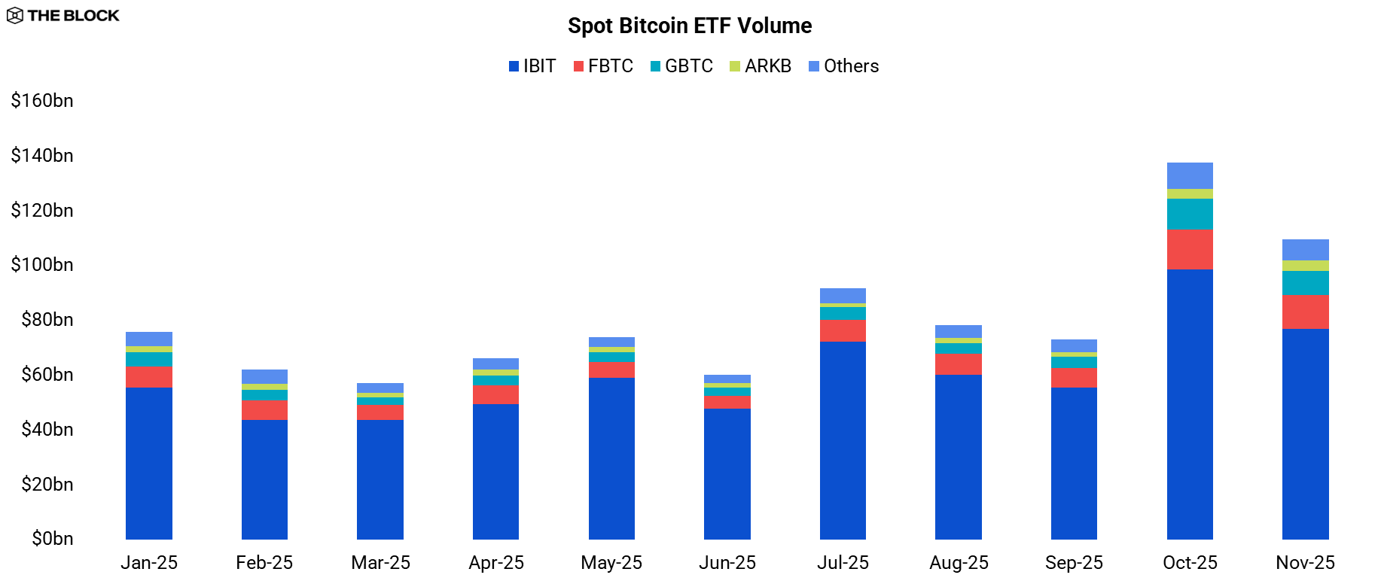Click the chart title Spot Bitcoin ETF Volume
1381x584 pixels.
coord(690,26)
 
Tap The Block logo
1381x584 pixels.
coord(63,15)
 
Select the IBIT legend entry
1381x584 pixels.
coord(532,66)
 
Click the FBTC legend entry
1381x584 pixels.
coord(603,66)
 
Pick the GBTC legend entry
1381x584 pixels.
coord(681,66)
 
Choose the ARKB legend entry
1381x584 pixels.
coord(761,66)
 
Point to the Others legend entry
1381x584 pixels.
coord(843,66)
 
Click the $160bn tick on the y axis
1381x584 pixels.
coord(42,101)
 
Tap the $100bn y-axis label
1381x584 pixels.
coord(42,265)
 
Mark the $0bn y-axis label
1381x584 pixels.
coord(52,539)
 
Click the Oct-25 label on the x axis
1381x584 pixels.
coord(1190,563)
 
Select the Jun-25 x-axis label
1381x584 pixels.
coord(727,563)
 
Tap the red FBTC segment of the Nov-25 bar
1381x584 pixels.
coord(1305,312)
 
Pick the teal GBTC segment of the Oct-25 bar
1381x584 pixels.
coord(1190,214)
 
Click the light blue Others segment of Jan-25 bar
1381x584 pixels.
coord(149,339)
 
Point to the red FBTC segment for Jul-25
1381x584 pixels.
coord(843,331)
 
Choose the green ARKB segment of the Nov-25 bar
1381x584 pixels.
coord(1305,266)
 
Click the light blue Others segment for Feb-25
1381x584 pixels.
coord(264,376)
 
